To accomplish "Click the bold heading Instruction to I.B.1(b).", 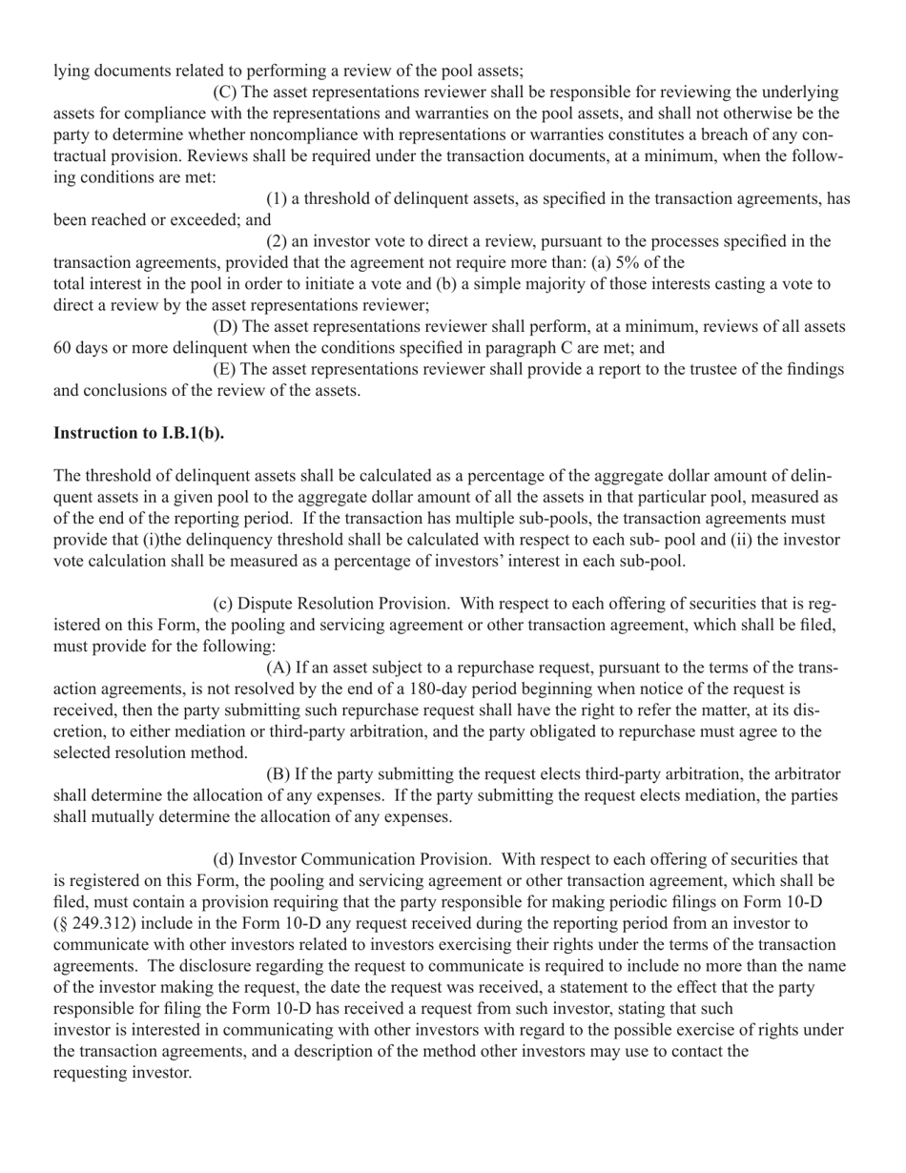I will point(139,433).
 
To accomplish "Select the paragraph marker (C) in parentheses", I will point(225,93).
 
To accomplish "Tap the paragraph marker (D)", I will point(225,326).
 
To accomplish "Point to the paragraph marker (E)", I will point(225,369).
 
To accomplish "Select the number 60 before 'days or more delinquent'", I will point(63,348).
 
